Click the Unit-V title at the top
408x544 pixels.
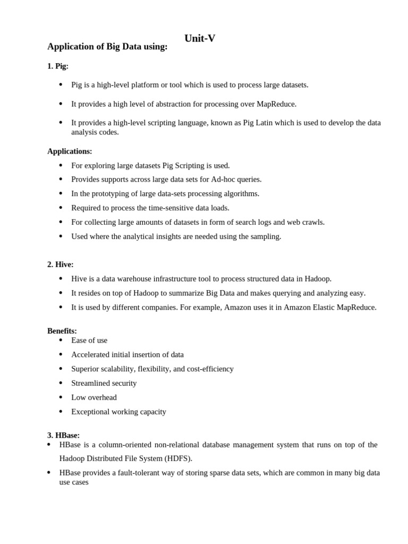[200, 38]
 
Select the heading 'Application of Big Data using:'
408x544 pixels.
[107, 47]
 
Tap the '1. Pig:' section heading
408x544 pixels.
[58, 66]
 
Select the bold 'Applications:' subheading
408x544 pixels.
[70, 151]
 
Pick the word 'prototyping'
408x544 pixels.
[113, 193]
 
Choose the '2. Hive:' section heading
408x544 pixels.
[61, 264]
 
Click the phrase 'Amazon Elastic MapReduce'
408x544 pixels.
[330, 307]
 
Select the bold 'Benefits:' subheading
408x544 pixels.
[62, 330]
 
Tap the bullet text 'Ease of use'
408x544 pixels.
[89, 340]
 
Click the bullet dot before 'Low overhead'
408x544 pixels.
[61, 397]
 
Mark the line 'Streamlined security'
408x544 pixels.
[104, 383]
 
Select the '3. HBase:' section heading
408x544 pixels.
[63, 435]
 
